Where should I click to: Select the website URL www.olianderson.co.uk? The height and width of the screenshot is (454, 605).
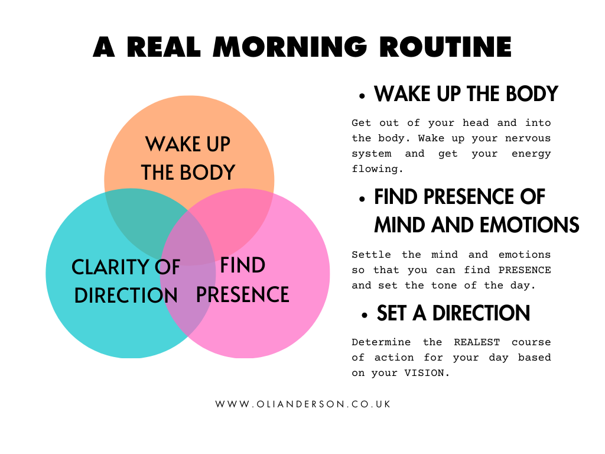tap(302, 404)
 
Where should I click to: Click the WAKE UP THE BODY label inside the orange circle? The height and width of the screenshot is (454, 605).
tap(188, 158)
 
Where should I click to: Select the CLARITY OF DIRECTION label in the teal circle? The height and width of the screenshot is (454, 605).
tap(125, 281)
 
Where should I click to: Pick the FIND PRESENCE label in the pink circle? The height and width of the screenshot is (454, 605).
tap(242, 280)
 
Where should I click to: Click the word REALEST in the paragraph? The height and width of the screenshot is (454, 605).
tap(477, 342)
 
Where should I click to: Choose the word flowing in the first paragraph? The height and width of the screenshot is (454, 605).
tap(377, 169)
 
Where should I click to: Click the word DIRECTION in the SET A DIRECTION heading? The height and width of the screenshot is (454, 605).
tap(481, 313)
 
